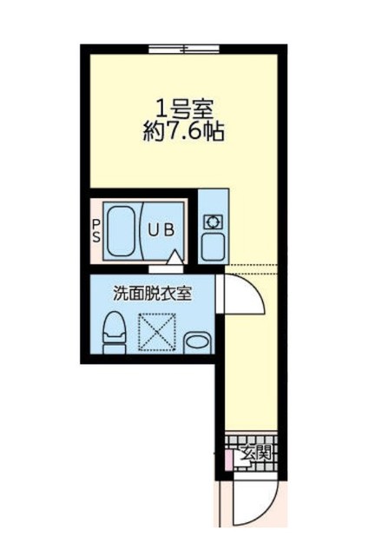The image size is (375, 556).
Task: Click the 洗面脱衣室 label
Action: click(x=152, y=292)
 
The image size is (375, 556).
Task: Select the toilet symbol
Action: click(x=111, y=334)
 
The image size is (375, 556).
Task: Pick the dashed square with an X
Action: click(x=157, y=333)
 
